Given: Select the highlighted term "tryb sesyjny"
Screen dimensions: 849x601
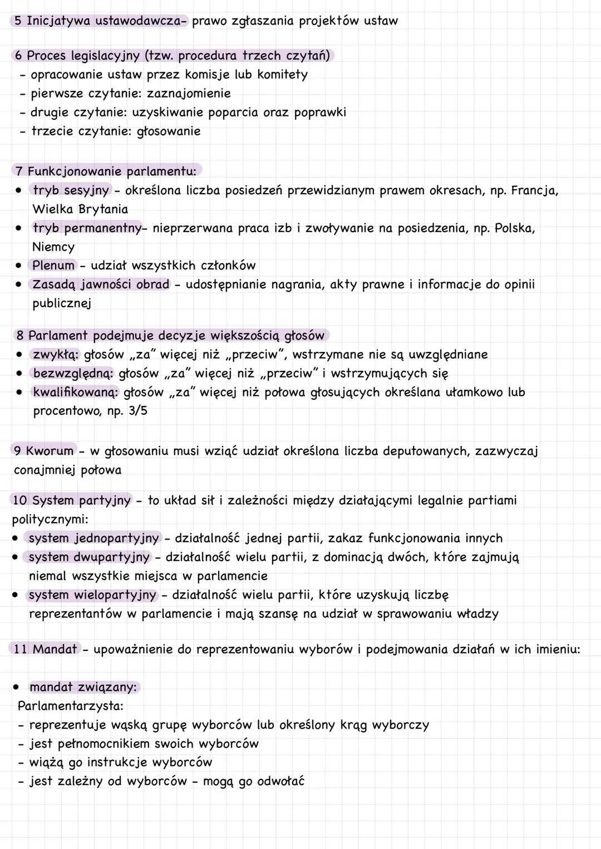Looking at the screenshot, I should point(71,190).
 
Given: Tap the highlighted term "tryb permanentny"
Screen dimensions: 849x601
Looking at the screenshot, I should point(87,228).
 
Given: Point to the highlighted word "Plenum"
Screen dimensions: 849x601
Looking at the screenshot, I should point(53,266).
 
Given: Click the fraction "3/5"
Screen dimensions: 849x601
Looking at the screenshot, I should point(138,411).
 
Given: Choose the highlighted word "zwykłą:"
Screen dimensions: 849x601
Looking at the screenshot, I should point(56,355).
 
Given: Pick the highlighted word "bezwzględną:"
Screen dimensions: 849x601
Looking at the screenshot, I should point(73,374).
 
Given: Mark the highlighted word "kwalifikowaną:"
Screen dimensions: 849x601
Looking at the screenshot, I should point(76,392).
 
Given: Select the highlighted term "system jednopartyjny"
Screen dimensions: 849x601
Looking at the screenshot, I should point(93,538).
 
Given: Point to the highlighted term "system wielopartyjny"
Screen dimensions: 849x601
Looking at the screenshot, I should point(92,595).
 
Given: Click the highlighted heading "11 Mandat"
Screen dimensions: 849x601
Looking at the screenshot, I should point(45,649).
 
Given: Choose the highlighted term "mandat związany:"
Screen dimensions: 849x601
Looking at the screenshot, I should point(83,687).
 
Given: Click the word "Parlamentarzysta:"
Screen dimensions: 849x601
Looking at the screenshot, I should point(71,706).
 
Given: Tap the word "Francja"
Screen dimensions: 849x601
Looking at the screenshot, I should point(534,190).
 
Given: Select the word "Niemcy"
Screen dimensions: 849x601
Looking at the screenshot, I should point(53,247).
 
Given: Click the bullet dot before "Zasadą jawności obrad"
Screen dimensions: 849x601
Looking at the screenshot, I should point(19,284).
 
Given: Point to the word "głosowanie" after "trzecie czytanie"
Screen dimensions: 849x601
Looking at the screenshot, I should point(169,131).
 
